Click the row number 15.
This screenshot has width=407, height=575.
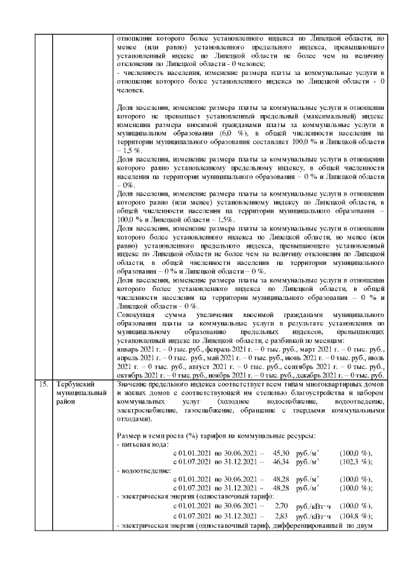click(x=43, y=385)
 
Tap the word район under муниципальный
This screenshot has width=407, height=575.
click(x=66, y=402)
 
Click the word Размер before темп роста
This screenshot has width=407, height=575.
click(x=131, y=435)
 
